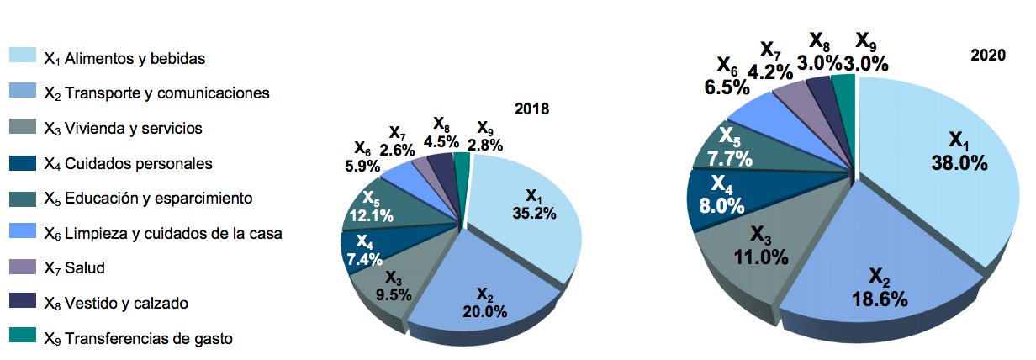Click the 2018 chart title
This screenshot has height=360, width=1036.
pos(532,109)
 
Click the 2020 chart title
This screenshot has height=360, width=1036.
pos(988,56)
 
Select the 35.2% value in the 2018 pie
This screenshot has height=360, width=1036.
pos(534,213)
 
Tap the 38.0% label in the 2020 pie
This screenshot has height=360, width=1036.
pos(959,162)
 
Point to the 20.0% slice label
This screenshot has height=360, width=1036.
pos(484,311)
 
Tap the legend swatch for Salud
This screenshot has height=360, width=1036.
pos(23,267)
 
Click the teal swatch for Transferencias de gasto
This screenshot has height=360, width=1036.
pos(23,336)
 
